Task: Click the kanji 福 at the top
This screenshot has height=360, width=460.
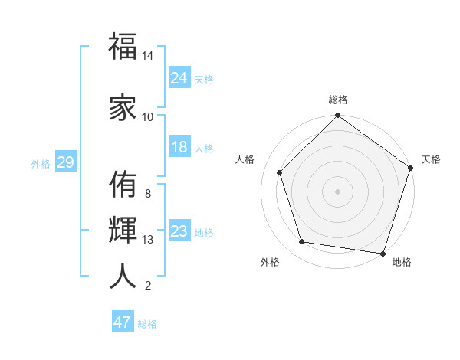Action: pos(123,47)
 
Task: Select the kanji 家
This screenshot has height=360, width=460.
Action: pos(123,106)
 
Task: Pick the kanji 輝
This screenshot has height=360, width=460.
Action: pos(123,229)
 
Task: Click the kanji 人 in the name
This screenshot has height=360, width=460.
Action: pos(123,275)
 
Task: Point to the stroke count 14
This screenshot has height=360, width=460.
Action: pos(148,56)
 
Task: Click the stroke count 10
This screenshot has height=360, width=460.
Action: pos(148,116)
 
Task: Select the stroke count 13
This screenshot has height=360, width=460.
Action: pos(148,240)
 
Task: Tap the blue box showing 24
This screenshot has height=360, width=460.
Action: pos(179,77)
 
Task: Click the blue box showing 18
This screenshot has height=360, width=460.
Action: pos(179,147)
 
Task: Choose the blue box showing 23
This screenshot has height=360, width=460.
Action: pos(179,231)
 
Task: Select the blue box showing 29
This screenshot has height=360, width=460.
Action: pos(65,162)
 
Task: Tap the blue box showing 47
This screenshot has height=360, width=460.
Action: pos(123,322)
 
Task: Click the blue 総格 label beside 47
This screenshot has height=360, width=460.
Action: pos(147,324)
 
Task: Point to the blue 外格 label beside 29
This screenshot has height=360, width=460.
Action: pos(41,163)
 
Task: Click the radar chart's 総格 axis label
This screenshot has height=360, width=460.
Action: pos(338,100)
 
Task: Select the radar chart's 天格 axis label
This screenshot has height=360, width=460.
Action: pos(432,159)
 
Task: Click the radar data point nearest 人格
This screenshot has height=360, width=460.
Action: pos(279,172)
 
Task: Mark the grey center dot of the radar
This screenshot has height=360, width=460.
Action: pos(338,191)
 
